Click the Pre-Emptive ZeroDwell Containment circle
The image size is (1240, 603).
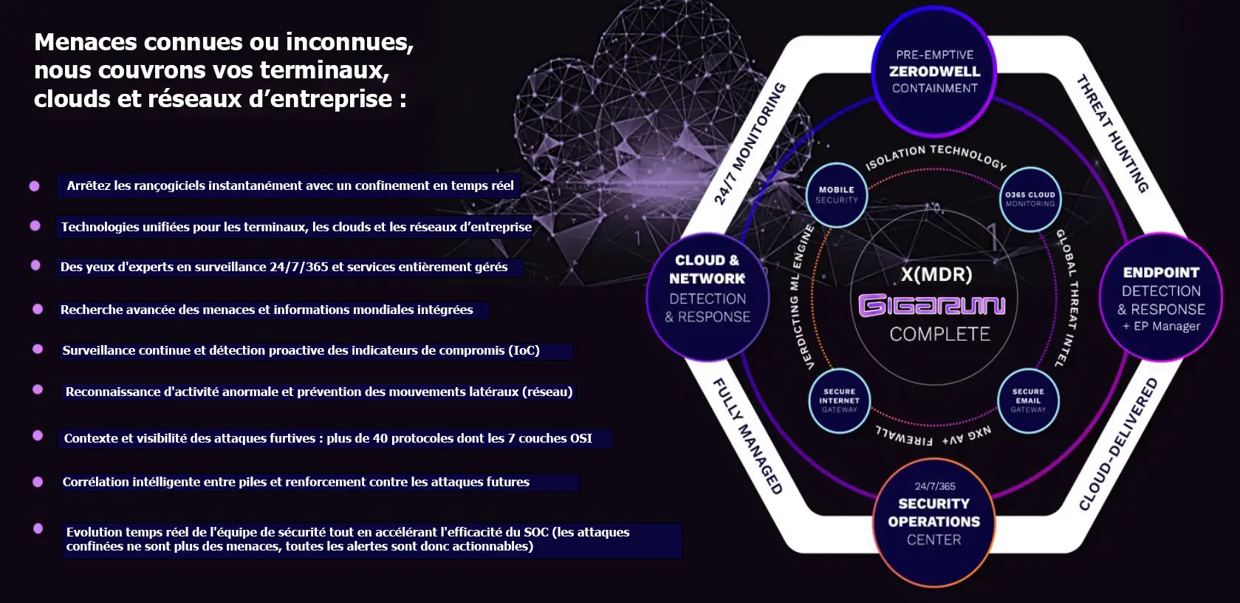[x=934, y=72]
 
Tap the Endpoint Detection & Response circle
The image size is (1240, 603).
[x=1161, y=298]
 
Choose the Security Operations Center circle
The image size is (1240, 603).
[x=934, y=521]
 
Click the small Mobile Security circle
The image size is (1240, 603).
[x=837, y=195]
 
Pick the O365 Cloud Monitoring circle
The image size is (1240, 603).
[x=1030, y=199]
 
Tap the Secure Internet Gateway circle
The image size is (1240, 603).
[x=839, y=401]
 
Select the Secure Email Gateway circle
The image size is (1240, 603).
[x=1028, y=401]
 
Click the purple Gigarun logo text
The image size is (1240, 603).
[x=931, y=305]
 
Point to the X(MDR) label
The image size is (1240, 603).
[x=936, y=275]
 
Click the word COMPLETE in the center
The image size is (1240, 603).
[x=939, y=334]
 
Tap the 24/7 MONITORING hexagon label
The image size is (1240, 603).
[x=750, y=143]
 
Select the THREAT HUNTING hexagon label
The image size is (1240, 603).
[x=1113, y=134]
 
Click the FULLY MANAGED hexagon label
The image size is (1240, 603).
[x=747, y=435]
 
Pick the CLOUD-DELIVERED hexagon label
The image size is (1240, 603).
[x=1118, y=444]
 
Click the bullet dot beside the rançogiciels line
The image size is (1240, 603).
[x=34, y=186]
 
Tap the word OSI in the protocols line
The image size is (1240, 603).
[x=580, y=438]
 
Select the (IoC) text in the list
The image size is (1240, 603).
[x=524, y=350]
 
